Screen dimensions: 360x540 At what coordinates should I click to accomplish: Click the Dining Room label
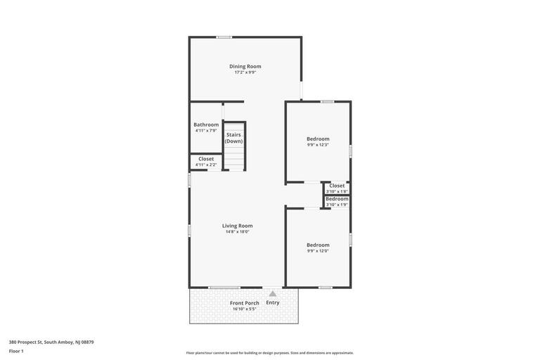pos(245,66)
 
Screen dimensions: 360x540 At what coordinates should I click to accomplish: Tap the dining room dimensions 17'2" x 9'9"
pos(245,72)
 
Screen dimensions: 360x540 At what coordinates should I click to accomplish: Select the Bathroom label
pos(206,124)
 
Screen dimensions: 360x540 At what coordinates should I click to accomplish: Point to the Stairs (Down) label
pos(233,138)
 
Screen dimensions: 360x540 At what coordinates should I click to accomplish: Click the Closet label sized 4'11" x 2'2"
pos(206,159)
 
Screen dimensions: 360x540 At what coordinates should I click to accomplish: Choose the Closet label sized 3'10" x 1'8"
pos(337,186)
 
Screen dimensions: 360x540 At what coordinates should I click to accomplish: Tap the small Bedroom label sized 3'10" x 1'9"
pos(337,199)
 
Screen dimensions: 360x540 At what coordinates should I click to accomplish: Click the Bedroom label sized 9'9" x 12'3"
pos(318,139)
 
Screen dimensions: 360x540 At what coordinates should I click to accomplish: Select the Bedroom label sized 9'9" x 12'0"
pos(318,245)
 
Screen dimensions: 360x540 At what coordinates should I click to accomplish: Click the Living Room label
pos(237,226)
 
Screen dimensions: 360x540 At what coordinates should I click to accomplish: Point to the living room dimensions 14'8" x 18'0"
pos(237,232)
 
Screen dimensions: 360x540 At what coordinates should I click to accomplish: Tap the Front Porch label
pos(245,303)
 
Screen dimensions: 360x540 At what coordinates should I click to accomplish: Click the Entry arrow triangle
pos(273,294)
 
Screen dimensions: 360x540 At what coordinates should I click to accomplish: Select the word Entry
pos(273,303)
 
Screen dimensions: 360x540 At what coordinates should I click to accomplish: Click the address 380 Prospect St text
pos(51,342)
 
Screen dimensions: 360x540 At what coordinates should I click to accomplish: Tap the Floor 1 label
pos(16,351)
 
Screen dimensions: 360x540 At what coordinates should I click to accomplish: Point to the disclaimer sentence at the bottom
pos(270,353)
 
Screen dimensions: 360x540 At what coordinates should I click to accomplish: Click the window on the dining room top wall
pos(224,37)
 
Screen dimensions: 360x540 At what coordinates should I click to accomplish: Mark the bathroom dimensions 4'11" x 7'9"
pos(206,131)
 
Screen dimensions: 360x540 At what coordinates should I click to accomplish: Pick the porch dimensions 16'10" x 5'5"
pos(245,309)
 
